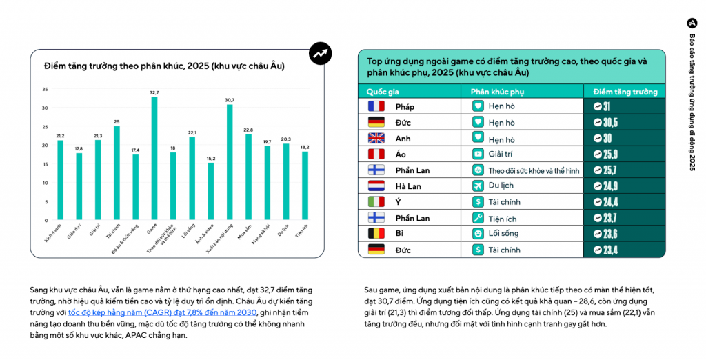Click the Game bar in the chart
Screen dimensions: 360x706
tap(154, 159)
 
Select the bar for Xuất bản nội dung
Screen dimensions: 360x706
tap(230, 162)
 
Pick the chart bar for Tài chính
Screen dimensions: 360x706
tap(117, 173)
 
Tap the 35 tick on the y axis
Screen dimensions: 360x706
tap(45, 89)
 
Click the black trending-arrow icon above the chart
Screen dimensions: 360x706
tap(320, 52)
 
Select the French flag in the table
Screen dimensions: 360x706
tap(376, 106)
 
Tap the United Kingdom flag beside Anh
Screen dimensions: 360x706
tap(376, 138)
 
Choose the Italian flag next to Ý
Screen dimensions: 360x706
tap(376, 202)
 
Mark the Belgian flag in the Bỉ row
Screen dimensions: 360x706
tap(376, 234)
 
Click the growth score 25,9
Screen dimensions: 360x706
tap(610, 154)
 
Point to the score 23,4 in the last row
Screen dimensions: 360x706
tap(610, 250)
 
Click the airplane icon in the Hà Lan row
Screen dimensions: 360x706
tap(477, 186)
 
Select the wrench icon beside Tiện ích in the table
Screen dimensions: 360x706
tap(477, 218)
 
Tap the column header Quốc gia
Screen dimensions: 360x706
tap(383, 91)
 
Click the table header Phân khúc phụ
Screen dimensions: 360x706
tap(497, 91)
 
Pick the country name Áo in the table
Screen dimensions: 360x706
tap(401, 154)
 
